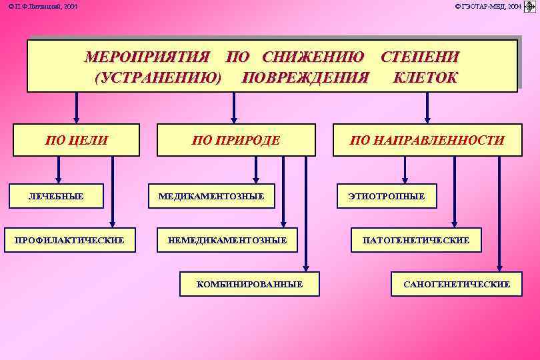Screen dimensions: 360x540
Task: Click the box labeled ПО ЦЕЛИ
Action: coord(76,140)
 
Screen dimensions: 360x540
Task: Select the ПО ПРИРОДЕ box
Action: coord(235,140)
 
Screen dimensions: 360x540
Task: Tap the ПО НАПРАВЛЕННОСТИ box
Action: coord(427,140)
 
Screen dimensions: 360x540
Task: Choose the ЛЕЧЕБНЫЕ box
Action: coord(59,196)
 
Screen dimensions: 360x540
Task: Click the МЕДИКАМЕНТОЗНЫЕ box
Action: coord(211,196)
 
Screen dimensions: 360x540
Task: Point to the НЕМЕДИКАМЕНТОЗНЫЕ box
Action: coord(227,240)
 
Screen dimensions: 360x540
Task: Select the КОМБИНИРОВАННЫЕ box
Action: coord(249,284)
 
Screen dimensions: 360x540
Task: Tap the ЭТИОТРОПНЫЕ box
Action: coord(386,196)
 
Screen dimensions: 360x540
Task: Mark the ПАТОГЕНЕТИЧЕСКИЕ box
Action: coord(416,240)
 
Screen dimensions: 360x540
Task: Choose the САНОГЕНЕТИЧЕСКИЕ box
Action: coord(457,284)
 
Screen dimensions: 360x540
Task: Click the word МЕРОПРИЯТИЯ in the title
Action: coord(147,57)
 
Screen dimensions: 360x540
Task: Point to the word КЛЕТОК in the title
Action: coord(425,78)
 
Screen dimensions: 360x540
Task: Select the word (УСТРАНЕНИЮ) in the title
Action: coord(158,78)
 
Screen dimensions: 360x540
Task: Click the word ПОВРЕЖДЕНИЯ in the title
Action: coord(305,78)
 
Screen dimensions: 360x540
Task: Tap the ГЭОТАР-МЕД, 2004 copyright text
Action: coord(489,6)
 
